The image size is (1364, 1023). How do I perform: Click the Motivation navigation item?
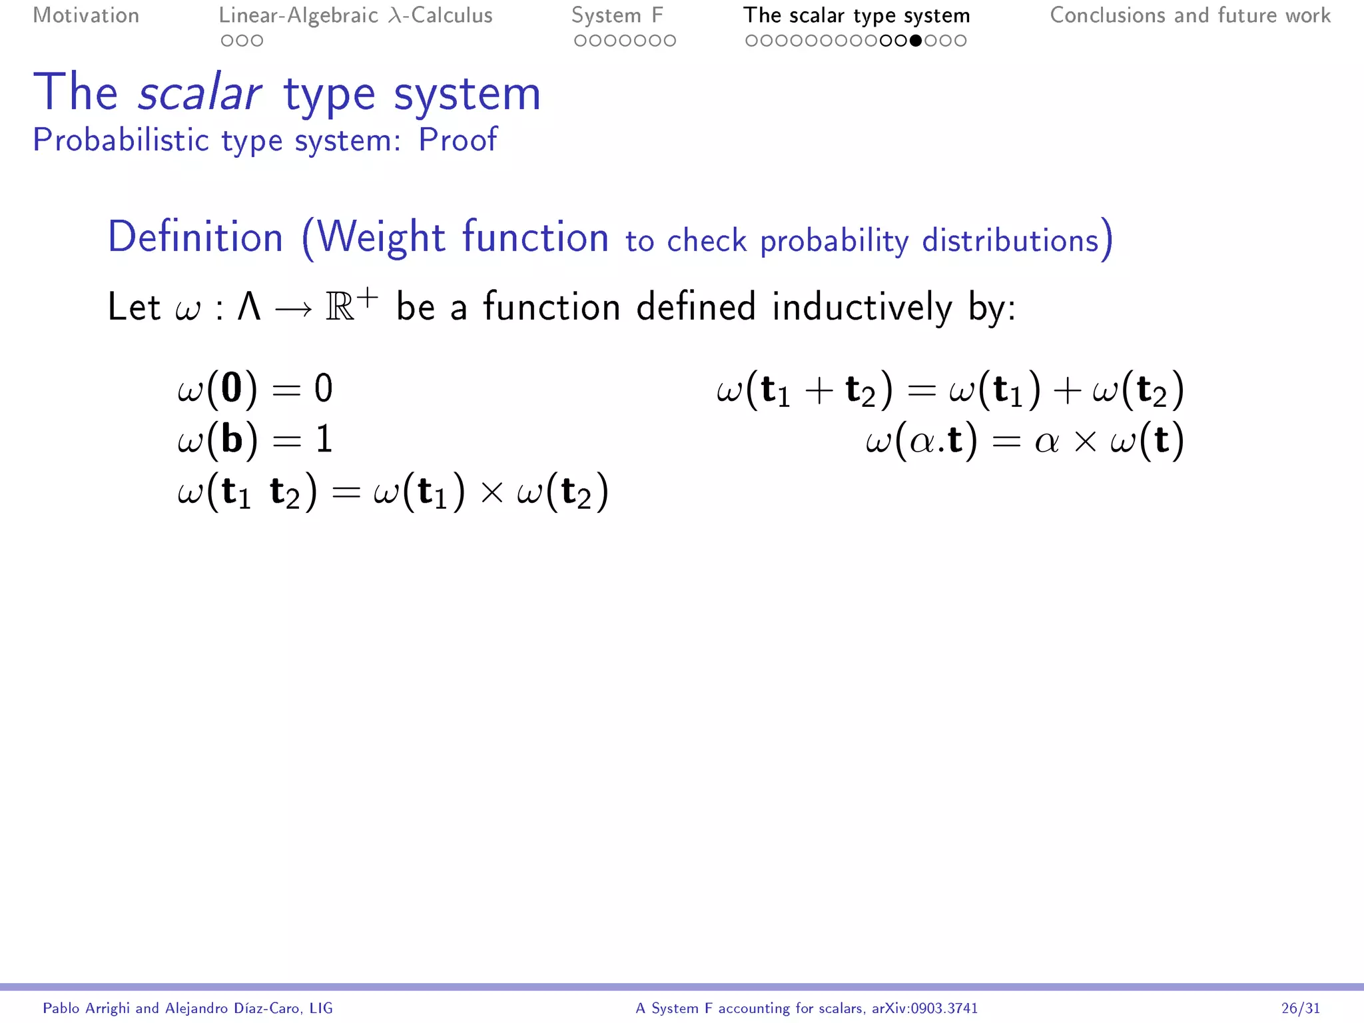[x=86, y=15]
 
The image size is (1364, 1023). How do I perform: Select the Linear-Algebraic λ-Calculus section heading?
[x=356, y=15]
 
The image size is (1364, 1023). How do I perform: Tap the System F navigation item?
[x=617, y=15]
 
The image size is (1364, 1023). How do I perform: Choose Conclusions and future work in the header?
[x=1190, y=15]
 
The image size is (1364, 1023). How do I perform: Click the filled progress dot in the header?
[x=916, y=41]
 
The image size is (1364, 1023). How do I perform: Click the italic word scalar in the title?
[x=199, y=93]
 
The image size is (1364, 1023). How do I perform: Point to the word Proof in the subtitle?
[x=458, y=140]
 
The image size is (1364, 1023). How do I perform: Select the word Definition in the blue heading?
[x=196, y=237]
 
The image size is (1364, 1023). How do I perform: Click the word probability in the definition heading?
[x=834, y=241]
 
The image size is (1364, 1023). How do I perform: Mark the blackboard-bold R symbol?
[x=340, y=308]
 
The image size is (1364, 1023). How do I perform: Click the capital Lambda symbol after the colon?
[x=249, y=308]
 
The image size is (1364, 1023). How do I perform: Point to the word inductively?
[x=862, y=308]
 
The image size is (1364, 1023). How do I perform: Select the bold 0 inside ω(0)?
[x=232, y=388]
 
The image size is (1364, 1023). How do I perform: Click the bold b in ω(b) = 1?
[x=232, y=440]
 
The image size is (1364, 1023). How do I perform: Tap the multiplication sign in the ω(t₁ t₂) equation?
[x=492, y=492]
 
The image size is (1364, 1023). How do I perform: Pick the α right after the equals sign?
[x=1046, y=441]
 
